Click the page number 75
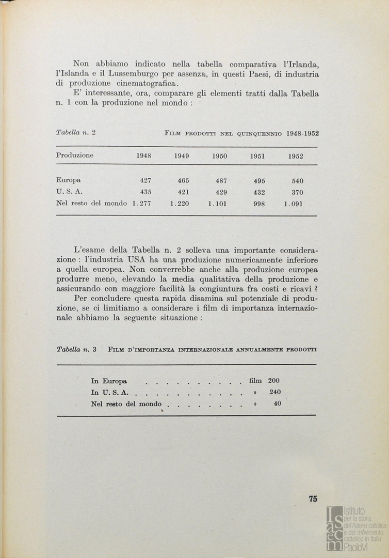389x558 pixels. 313,499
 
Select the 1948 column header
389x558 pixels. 143,156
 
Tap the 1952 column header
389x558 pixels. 296,156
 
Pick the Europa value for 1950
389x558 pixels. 221,181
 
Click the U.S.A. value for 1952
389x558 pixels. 297,192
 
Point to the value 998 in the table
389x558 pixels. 259,204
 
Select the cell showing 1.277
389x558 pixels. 140,204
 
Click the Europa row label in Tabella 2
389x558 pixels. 68,180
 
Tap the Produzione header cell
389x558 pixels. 75,156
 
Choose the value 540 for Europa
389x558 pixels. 297,181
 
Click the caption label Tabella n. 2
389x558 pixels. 75,133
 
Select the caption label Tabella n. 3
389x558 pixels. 76,350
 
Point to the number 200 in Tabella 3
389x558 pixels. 273,381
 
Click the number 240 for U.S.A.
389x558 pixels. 275,392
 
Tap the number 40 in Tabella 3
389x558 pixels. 278,404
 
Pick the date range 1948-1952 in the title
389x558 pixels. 302,133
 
